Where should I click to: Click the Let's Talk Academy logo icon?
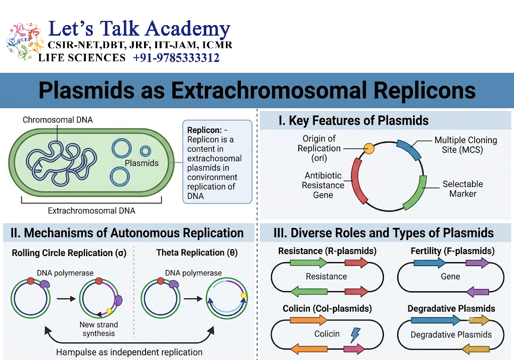tap(25, 41)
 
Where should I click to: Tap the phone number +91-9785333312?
tap(176, 58)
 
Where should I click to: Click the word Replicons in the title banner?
tap(425, 90)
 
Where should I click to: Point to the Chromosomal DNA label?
tap(58, 120)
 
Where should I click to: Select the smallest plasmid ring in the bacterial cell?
tap(145, 151)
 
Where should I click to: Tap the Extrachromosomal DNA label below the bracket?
tap(91, 210)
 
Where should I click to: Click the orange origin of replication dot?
tap(369, 149)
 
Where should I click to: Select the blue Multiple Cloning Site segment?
tap(409, 149)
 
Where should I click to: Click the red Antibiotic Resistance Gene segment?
tap(358, 182)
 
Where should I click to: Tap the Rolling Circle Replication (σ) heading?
tap(69, 253)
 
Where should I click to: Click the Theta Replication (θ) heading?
tap(197, 253)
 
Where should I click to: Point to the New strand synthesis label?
tap(99, 329)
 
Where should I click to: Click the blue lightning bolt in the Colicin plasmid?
tap(355, 335)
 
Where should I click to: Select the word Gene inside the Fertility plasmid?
tap(450, 276)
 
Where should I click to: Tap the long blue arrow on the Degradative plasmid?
tap(436, 320)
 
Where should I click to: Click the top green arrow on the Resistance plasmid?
tap(309, 262)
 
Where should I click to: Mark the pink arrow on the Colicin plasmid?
tap(354, 349)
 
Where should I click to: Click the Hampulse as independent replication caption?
tap(129, 352)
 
